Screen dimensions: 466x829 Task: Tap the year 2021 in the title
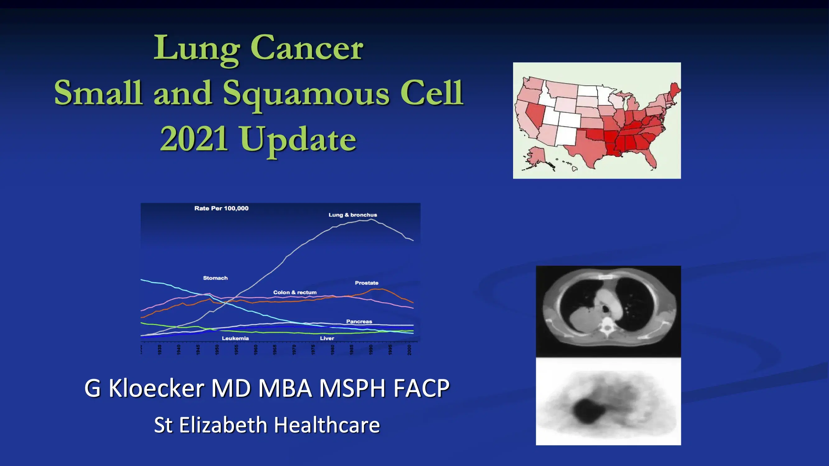pos(194,139)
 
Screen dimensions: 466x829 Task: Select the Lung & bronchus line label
pos(352,215)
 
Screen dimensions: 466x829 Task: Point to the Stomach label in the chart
pos(215,278)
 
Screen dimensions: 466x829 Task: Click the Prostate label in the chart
pos(367,283)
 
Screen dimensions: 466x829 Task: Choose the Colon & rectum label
pos(295,292)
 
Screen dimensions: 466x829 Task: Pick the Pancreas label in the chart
pos(359,321)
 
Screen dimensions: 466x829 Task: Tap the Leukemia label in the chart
pos(235,338)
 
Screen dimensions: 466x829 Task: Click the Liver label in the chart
pos(327,338)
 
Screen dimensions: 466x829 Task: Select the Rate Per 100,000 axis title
pos(221,208)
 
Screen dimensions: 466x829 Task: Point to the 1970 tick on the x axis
pos(294,349)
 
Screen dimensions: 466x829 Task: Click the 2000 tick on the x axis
pos(409,349)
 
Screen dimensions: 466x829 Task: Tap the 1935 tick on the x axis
pos(160,349)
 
